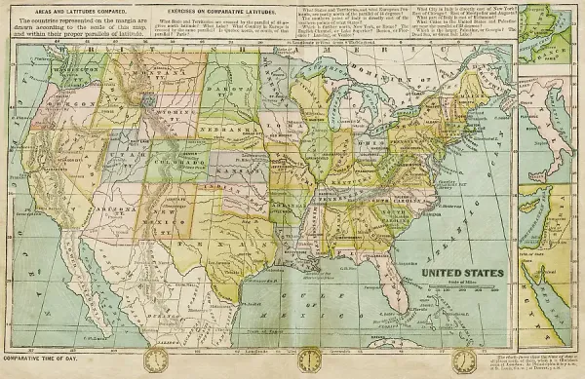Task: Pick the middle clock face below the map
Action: pyautogui.click(x=309, y=360)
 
